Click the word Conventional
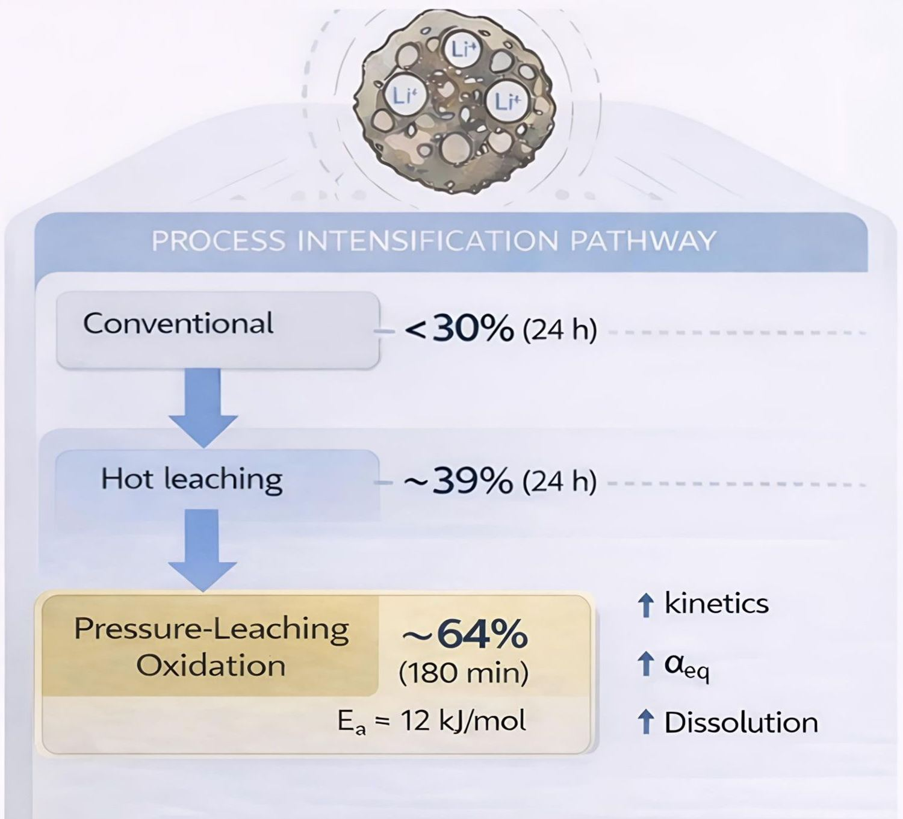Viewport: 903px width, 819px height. [x=178, y=324]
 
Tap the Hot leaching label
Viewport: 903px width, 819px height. [x=191, y=479]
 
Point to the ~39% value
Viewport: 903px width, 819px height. [x=458, y=481]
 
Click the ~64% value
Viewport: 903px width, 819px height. [x=464, y=634]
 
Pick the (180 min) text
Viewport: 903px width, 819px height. [x=464, y=672]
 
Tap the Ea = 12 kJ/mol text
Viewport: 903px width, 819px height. [x=432, y=721]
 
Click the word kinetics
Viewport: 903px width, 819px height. [x=716, y=604]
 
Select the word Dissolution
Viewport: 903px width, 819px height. [x=741, y=723]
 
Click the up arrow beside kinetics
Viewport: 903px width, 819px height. [x=645, y=605]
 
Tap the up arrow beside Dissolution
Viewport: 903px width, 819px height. [x=645, y=722]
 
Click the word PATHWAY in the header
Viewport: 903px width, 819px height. [x=642, y=241]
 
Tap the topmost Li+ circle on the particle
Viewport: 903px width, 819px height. [x=462, y=49]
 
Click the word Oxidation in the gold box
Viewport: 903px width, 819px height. [x=211, y=666]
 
